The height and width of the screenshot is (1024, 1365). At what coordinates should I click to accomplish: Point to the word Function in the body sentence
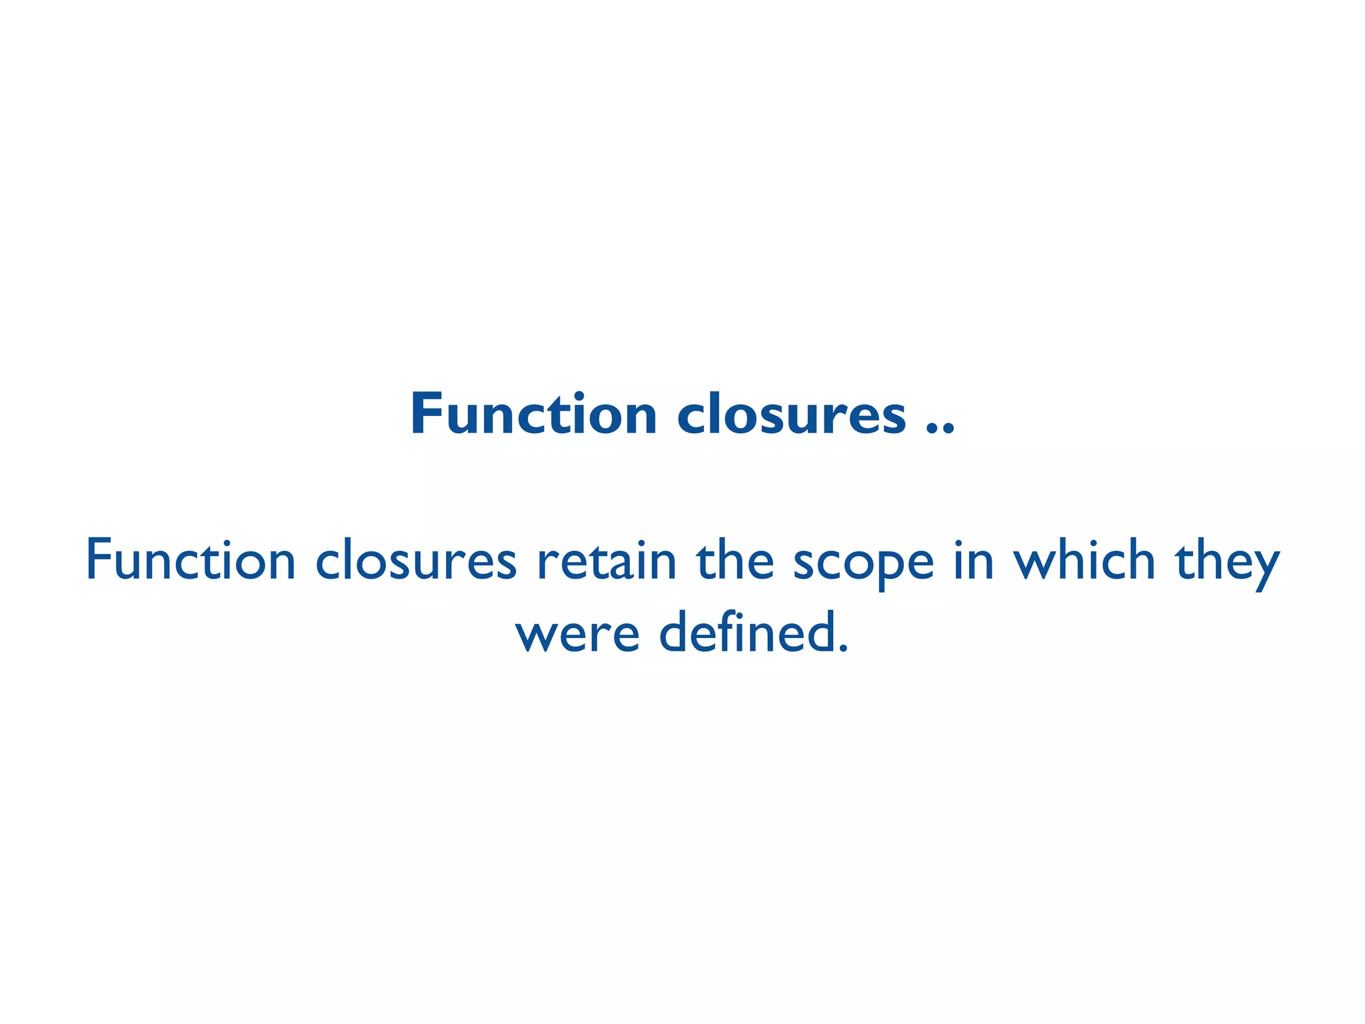[191, 561]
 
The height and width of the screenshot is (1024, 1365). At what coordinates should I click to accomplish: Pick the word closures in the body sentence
[416, 561]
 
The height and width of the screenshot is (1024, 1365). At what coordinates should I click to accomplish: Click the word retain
[607, 561]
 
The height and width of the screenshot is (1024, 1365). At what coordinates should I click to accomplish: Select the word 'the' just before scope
[735, 561]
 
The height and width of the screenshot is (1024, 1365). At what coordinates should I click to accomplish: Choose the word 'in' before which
[973, 561]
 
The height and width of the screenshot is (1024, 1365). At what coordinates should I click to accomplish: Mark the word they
[1227, 563]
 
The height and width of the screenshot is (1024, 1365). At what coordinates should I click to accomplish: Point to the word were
[577, 633]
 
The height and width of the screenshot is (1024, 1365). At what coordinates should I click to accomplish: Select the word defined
[746, 632]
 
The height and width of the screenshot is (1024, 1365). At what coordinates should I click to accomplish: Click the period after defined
[844, 647]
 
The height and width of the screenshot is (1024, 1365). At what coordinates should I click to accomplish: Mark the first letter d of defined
[676, 632]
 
